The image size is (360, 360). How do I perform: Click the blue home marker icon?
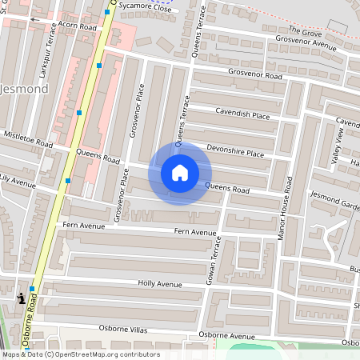click(x=180, y=173)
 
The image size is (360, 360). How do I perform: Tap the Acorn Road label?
click(x=77, y=26)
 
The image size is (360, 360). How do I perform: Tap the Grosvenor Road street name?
click(x=255, y=75)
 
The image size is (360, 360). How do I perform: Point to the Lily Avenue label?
click(x=18, y=182)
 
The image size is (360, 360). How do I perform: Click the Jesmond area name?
click(x=27, y=89)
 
